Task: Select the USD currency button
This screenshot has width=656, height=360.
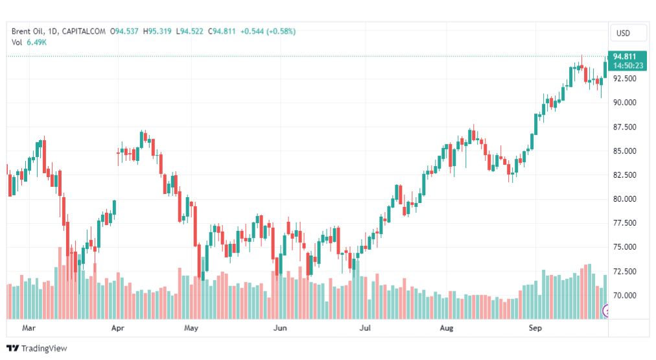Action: click(x=623, y=33)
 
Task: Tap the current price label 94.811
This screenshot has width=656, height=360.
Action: click(x=626, y=56)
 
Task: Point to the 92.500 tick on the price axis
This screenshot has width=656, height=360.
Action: click(x=625, y=78)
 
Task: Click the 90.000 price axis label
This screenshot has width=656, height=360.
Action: click(x=625, y=102)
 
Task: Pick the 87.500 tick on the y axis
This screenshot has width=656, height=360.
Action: click(x=625, y=127)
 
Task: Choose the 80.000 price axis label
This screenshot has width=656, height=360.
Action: click(x=625, y=199)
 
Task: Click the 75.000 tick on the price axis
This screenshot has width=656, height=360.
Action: click(x=625, y=247)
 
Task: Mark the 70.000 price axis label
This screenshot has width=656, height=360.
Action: click(x=625, y=296)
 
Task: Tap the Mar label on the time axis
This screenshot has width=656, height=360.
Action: click(x=29, y=328)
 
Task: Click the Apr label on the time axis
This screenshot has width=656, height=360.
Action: click(x=117, y=328)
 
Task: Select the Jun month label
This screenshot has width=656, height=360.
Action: click(x=279, y=328)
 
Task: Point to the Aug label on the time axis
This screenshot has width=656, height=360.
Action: click(x=446, y=328)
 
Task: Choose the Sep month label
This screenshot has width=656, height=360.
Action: click(x=535, y=328)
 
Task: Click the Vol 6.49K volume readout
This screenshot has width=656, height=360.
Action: click(x=29, y=42)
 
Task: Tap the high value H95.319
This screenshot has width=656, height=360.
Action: click(x=158, y=31)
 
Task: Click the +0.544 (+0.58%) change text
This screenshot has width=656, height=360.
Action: click(x=268, y=31)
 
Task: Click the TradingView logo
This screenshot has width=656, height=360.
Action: click(x=37, y=348)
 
